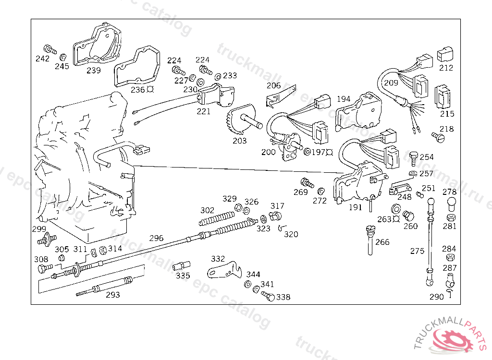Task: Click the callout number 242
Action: click(42, 59)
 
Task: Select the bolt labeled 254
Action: click(414, 159)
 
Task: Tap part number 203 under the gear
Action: click(239, 141)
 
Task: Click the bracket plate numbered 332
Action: click(225, 270)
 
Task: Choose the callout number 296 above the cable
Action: click(156, 238)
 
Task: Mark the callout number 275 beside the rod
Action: click(417, 251)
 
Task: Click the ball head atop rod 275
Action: click(431, 202)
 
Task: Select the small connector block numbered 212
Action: click(445, 55)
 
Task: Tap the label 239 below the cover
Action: click(94, 70)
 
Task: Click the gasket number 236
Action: click(138, 90)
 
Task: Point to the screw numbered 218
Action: click(438, 137)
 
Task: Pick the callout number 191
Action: click(355, 207)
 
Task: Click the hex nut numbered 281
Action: click(451, 217)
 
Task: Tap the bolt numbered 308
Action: click(45, 268)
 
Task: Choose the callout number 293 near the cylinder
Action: click(112, 295)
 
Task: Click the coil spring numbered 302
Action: click(217, 218)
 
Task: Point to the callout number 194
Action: click(344, 99)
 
